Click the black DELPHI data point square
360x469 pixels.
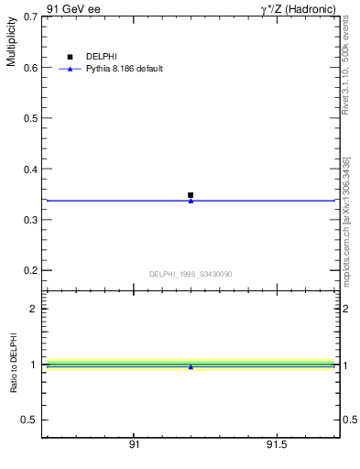point(191,195)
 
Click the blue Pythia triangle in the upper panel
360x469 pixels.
point(191,200)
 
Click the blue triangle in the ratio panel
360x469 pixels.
point(191,366)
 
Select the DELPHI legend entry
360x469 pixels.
point(101,57)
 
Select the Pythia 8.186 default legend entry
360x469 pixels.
point(124,69)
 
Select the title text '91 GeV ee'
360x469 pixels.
point(73,8)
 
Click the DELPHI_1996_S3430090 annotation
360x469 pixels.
point(191,274)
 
